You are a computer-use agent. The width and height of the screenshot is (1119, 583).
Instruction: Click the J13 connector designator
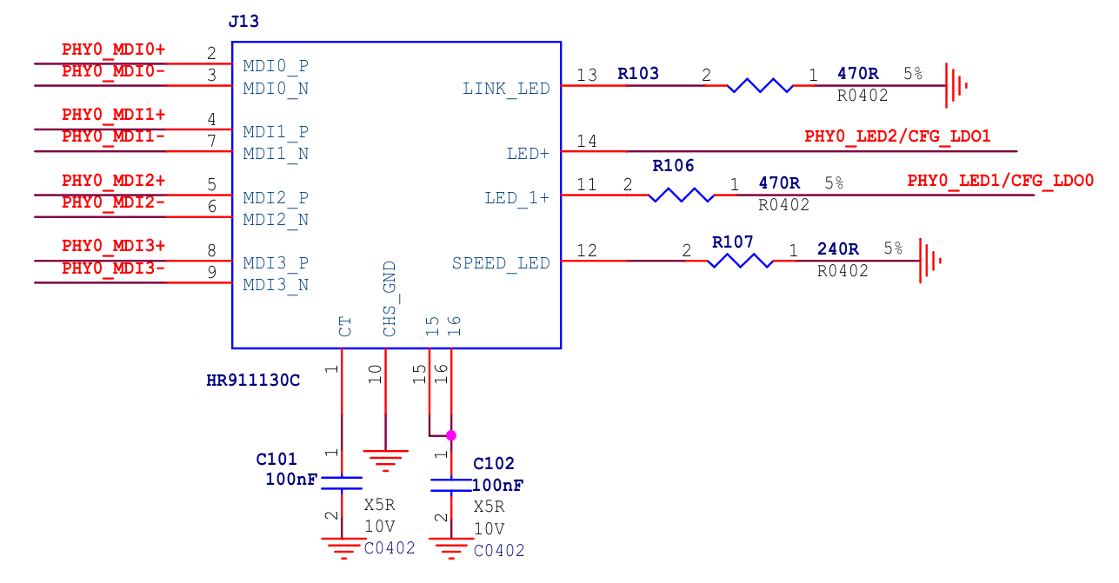243,22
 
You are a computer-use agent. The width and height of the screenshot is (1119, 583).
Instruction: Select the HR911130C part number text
253,381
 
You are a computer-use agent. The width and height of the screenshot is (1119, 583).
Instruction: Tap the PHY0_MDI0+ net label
113,50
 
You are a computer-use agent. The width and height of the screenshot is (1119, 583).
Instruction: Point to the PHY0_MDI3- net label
113,268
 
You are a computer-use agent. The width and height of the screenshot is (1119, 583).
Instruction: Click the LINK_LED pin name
506,89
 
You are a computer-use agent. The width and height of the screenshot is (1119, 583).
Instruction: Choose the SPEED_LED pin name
501,263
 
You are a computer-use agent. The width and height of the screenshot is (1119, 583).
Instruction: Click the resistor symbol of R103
760,85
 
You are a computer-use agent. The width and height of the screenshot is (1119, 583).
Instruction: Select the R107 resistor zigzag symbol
741,261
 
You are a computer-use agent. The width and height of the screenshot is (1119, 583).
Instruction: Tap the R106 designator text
673,166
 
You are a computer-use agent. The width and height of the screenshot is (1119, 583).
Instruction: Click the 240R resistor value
837,249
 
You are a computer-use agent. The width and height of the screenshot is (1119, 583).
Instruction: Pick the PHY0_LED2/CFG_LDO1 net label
897,136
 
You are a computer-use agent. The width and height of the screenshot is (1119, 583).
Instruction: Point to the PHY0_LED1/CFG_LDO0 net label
1000,181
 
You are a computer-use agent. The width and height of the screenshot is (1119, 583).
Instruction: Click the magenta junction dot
450,435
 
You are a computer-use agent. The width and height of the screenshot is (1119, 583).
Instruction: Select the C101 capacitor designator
276,459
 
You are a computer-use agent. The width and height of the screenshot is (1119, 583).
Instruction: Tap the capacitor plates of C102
450,484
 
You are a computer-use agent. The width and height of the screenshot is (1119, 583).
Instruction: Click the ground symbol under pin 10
385,458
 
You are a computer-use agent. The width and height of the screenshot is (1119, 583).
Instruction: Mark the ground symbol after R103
956,85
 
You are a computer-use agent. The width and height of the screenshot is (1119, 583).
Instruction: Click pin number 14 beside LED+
587,141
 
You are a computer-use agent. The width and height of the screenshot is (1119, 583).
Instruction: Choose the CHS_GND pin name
390,299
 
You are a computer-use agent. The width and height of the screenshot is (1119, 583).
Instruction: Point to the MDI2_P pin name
276,198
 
